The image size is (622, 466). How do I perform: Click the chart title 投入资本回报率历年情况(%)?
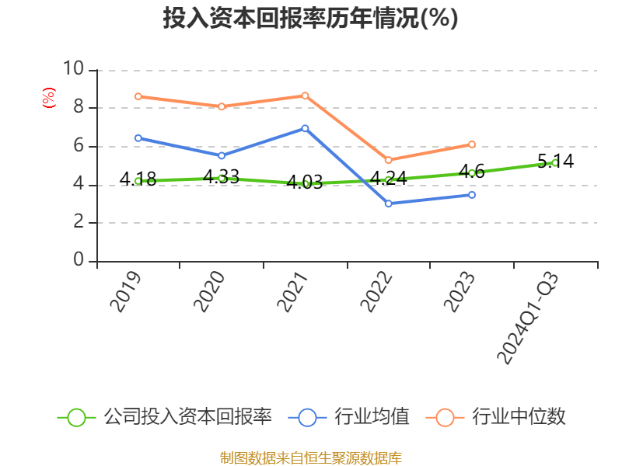[x=310, y=18]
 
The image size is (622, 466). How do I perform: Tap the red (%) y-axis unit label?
[x=48, y=98]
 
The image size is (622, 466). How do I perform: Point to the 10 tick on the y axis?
[x=73, y=68]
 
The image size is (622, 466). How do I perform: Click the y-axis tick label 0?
[x=79, y=260]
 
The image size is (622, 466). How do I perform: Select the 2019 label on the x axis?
[x=126, y=292]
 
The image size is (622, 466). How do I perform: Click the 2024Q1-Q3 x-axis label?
[x=528, y=318]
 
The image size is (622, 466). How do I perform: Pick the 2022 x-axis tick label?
[x=376, y=292]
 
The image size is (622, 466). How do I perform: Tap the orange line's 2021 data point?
[x=305, y=96]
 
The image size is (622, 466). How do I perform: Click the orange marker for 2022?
[x=388, y=160]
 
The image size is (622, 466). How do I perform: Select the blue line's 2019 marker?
[x=138, y=138]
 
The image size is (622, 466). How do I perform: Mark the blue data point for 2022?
[x=388, y=203]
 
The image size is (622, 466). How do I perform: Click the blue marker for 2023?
[x=472, y=195]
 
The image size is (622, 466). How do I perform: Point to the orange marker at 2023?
[x=472, y=144]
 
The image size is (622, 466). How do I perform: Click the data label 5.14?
[x=555, y=162]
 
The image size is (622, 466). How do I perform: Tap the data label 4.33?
[x=221, y=177]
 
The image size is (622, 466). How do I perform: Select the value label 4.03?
[x=304, y=183]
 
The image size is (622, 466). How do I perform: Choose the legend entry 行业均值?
[x=348, y=417]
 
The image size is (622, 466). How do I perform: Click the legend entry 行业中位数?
[x=495, y=417]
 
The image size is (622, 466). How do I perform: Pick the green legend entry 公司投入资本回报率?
[x=165, y=417]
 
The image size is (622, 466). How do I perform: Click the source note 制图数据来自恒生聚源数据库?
[x=310, y=458]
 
